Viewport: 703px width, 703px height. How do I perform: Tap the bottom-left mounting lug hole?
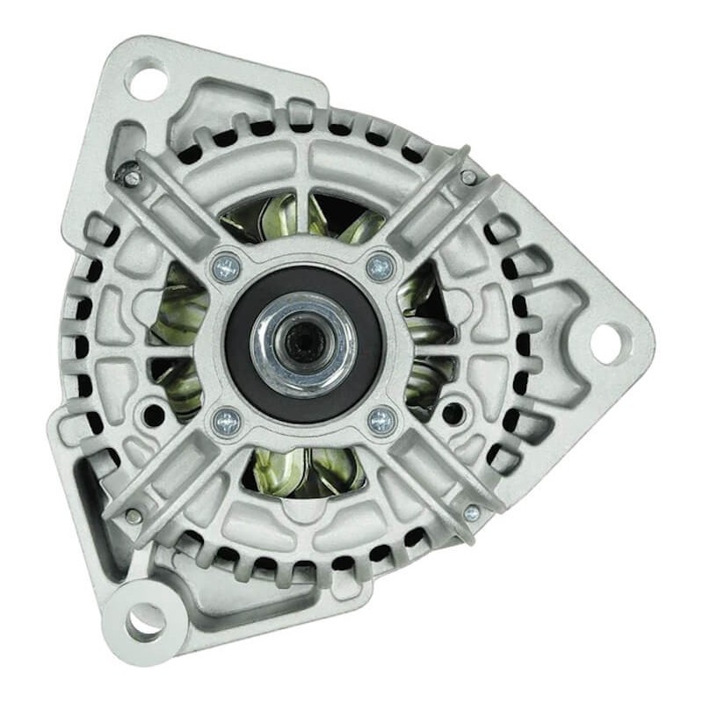145,622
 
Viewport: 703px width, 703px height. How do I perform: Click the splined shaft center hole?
303,340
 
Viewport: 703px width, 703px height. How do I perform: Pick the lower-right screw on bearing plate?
382,420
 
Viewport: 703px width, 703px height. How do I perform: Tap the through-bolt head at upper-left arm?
132,178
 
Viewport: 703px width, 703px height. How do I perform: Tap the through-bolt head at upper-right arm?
469,178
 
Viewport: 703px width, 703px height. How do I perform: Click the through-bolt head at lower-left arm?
133,516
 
